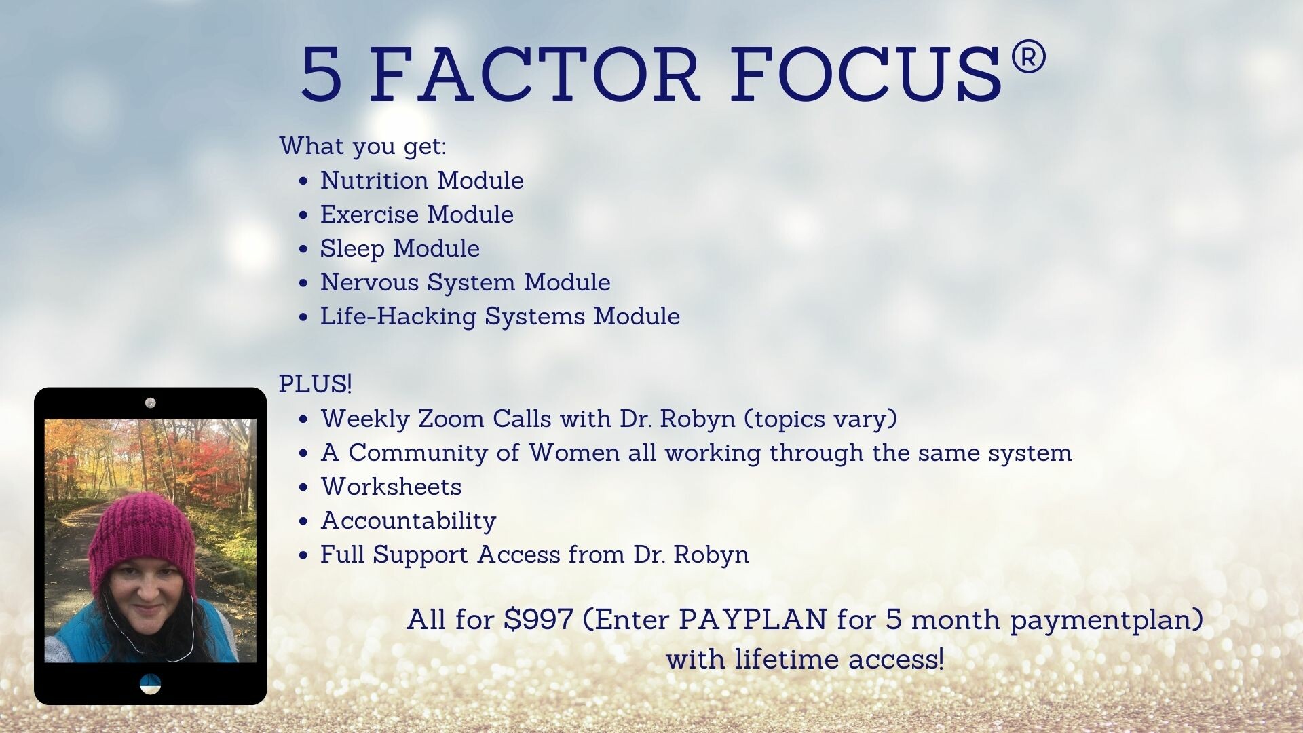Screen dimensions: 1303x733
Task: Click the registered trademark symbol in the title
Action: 1029,57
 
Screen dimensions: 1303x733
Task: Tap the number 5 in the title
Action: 321,74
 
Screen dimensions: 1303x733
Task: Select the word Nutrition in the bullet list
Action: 374,181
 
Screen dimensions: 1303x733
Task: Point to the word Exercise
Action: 369,214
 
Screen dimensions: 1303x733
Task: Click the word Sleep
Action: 352,249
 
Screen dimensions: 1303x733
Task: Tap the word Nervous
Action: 369,282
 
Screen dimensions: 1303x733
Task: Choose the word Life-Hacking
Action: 398,317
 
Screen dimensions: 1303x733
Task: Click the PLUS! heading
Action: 316,384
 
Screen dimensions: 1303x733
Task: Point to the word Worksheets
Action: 392,487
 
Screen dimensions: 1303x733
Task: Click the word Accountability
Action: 409,521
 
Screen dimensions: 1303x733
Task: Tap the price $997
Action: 539,620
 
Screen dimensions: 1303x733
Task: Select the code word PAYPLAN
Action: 753,620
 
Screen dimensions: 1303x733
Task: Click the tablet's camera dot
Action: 151,402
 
